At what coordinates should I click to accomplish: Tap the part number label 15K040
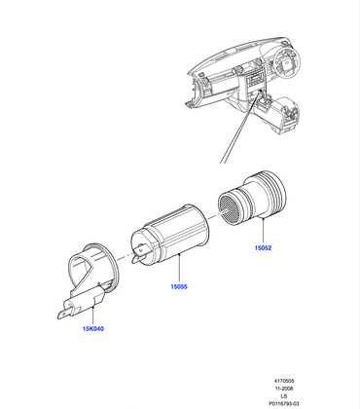tap(94, 329)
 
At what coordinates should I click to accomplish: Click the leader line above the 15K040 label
tap(93, 312)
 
